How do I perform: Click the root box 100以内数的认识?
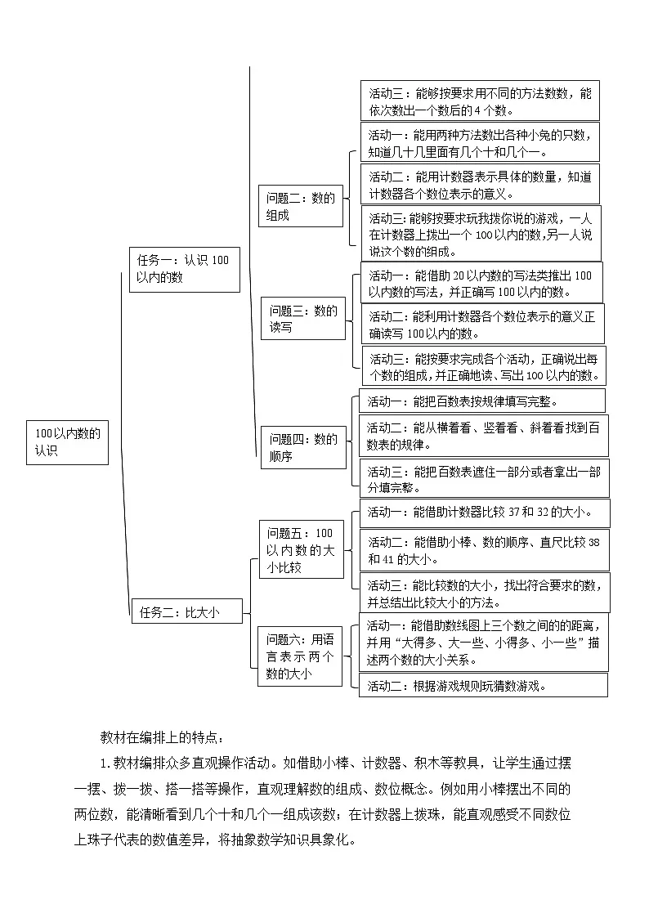67,442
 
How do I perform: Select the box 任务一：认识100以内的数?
184,269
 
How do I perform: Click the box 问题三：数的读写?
303,319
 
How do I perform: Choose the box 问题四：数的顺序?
303,448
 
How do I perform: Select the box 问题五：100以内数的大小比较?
300,549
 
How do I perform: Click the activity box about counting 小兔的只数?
480,142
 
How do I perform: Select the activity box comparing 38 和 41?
484,550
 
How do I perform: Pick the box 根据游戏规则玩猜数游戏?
483,685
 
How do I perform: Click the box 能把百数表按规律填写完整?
482,401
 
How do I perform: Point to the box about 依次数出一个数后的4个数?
480,101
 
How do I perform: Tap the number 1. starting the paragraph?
105,764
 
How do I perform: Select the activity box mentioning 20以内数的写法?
480,283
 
